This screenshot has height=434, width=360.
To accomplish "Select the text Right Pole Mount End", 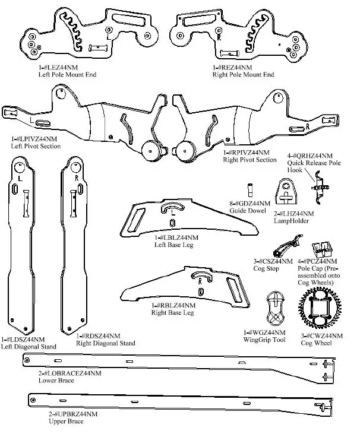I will point(243,75).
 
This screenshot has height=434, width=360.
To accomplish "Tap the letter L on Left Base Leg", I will point(173,210).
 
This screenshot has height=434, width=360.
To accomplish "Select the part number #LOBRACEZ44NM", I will point(69,373).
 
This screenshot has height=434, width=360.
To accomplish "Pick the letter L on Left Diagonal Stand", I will point(21,177).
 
